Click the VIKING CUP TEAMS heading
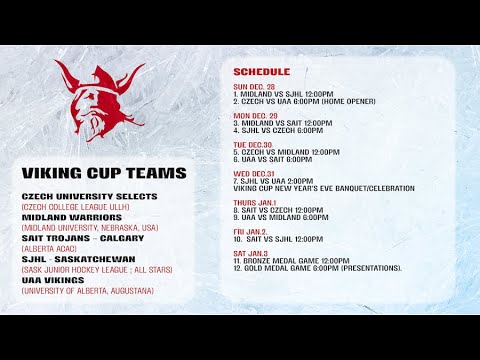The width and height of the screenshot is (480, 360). pyautogui.click(x=104, y=173)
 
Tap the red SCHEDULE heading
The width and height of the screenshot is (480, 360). pyautogui.click(x=261, y=72)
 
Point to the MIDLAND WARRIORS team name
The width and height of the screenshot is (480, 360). pyautogui.click(x=72, y=217)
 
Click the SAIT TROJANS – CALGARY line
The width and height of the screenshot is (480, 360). pyautogui.click(x=84, y=238)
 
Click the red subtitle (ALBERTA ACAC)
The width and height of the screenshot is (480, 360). pyautogui.click(x=50, y=248)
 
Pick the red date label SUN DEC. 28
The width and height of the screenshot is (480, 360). pyautogui.click(x=255, y=87)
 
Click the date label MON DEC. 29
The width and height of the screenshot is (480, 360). pyautogui.click(x=255, y=115)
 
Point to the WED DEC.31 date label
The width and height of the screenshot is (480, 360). pyautogui.click(x=255, y=173)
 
